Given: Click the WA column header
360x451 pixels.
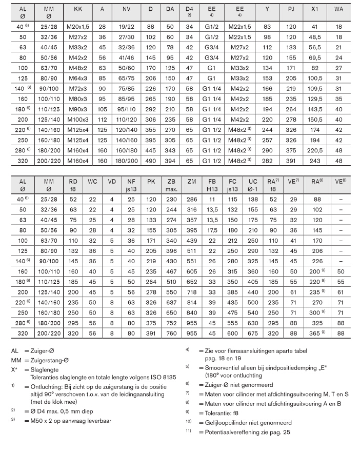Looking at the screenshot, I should [338, 9].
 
